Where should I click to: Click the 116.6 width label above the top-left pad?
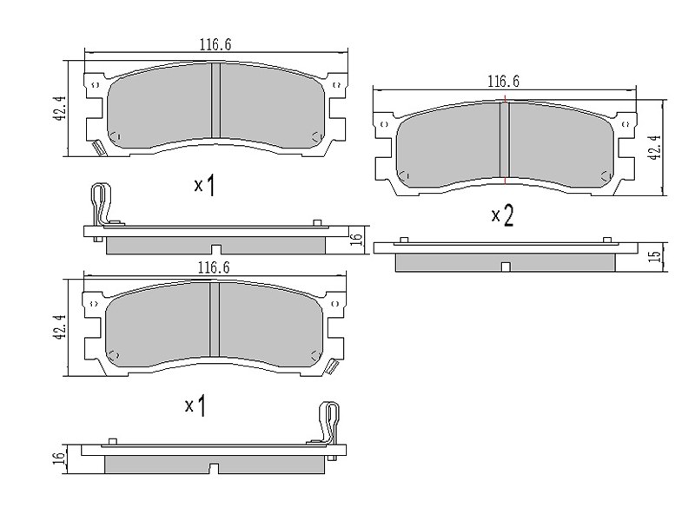click(x=215, y=44)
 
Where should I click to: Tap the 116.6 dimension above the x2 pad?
click(x=503, y=82)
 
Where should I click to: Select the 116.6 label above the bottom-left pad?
click(x=214, y=267)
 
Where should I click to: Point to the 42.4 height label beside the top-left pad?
click(x=59, y=108)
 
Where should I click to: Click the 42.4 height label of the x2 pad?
click(x=655, y=147)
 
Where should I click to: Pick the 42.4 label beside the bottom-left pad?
click(x=59, y=327)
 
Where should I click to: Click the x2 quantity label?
click(x=503, y=216)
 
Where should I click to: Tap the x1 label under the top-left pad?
click(x=205, y=185)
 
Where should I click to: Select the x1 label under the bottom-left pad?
click(x=195, y=406)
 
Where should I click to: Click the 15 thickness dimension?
click(x=655, y=256)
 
